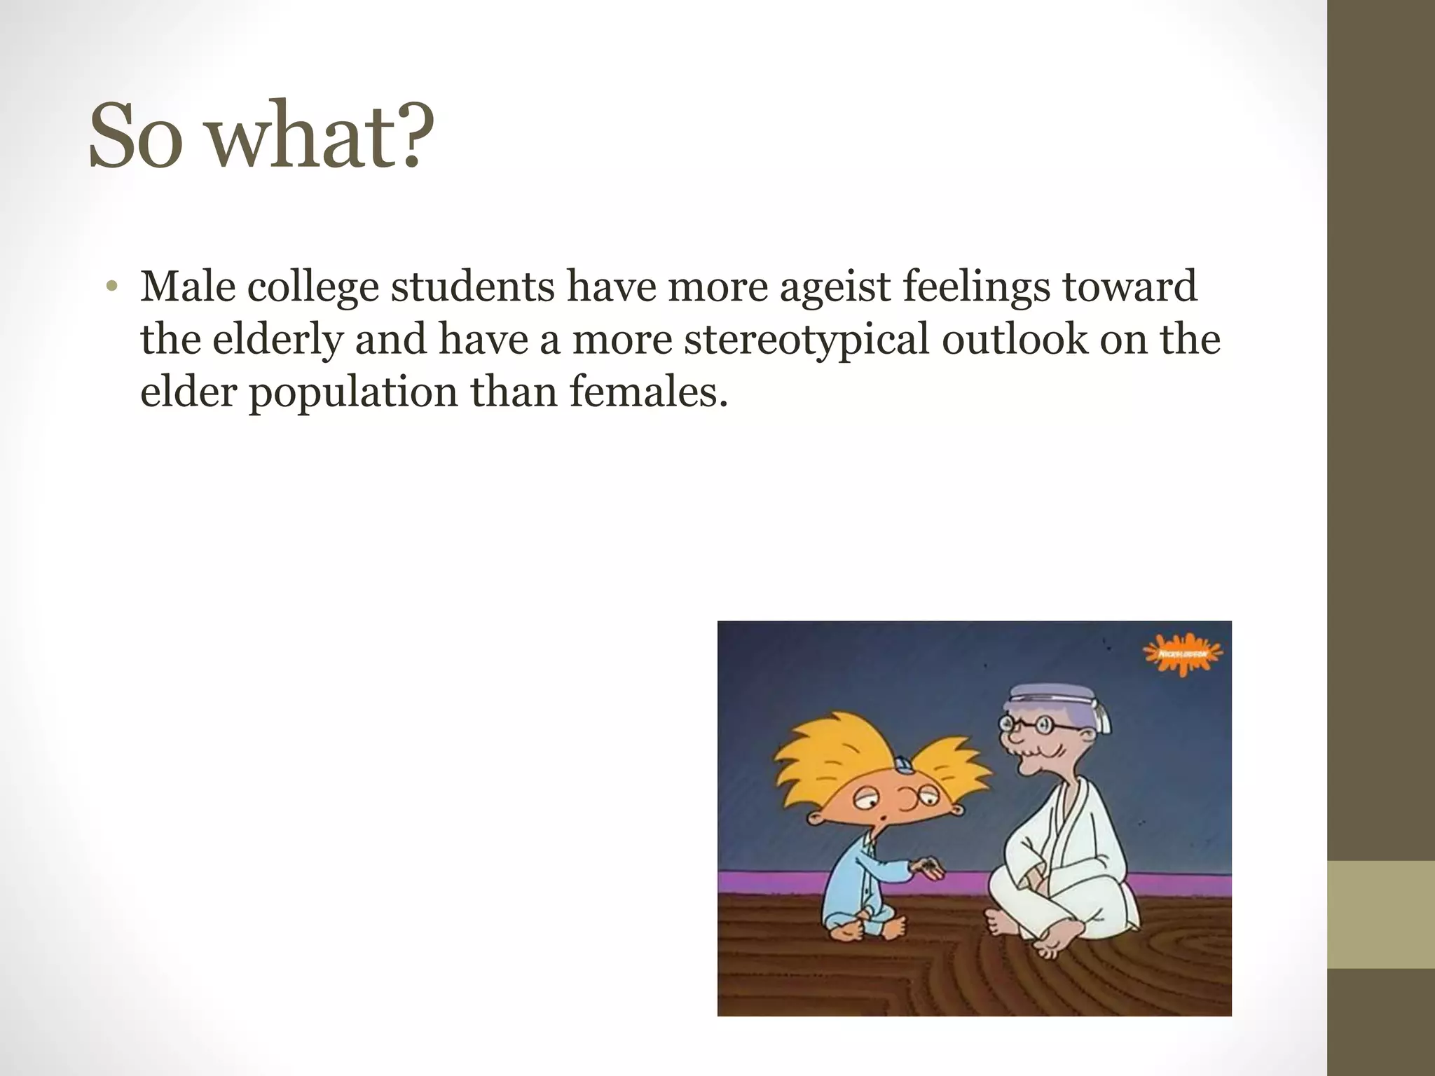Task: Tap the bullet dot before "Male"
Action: tap(111, 288)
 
